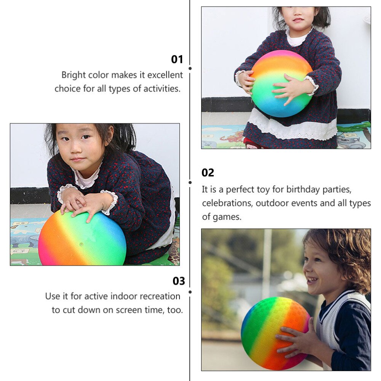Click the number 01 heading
pyautogui.click(x=177, y=59)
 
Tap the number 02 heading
pyautogui.click(x=208, y=173)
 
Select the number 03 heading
pyautogui.click(x=179, y=281)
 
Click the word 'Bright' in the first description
pyautogui.click(x=74, y=75)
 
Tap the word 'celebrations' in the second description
pyautogui.click(x=226, y=203)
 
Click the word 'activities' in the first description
pyautogui.click(x=162, y=89)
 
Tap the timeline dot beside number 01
pyautogui.click(x=190, y=69)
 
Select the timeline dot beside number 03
pyautogui.click(x=190, y=292)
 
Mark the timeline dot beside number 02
pyautogui.click(x=190, y=182)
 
